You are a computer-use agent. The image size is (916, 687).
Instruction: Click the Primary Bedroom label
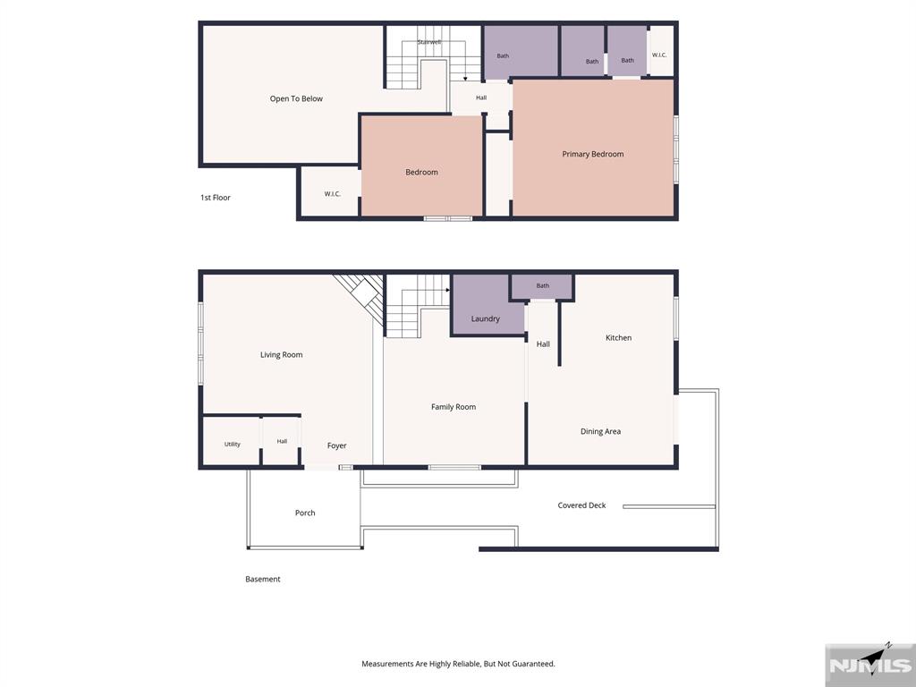coord(592,154)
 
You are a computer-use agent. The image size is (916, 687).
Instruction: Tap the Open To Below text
coord(296,98)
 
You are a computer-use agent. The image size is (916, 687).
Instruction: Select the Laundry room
coord(487,305)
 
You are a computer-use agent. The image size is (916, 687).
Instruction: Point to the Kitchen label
coord(618,337)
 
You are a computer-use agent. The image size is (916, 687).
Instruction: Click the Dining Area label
coord(600,431)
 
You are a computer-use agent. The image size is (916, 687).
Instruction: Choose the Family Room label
coord(454,407)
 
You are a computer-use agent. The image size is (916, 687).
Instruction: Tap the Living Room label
coord(281,354)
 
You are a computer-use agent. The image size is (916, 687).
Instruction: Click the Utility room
coord(232,441)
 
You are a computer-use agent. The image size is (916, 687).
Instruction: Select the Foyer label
coord(336,445)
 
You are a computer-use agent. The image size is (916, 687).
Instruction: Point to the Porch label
coord(305,513)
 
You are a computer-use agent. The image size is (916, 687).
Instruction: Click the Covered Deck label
coord(581,505)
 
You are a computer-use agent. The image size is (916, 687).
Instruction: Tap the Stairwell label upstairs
coord(429,42)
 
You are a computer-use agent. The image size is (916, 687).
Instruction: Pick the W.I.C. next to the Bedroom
coord(333,194)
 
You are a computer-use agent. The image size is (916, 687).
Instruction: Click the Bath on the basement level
coord(543,285)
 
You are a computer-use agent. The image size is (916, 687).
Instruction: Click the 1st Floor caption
coord(216,198)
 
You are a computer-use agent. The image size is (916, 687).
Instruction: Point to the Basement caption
coord(263,579)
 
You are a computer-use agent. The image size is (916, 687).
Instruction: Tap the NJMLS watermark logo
coord(870,664)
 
